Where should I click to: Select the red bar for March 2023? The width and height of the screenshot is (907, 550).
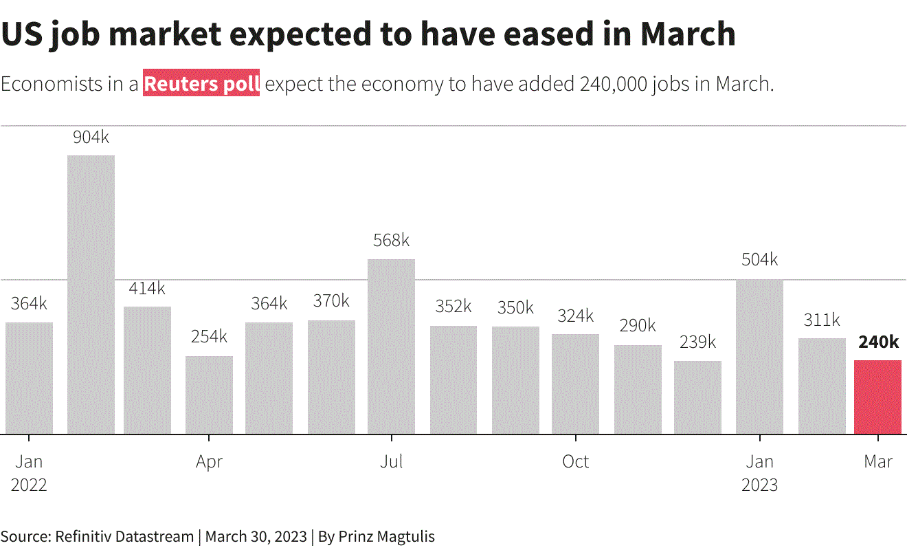[877, 397]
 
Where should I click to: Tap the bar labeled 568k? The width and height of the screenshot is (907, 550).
[391, 346]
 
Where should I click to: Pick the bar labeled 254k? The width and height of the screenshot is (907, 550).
[209, 395]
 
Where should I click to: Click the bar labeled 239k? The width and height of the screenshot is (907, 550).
[697, 397]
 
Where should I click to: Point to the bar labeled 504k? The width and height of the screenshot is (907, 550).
[759, 357]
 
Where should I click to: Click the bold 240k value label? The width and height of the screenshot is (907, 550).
[878, 342]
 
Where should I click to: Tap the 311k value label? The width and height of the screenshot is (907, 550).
[822, 320]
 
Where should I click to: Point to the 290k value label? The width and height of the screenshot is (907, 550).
[638, 326]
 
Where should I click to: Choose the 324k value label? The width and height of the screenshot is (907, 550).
[575, 316]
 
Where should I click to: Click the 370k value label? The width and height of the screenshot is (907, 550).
[331, 301]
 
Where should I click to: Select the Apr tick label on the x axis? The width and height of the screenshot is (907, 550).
[209, 461]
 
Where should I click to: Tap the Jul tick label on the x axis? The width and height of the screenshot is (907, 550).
[392, 461]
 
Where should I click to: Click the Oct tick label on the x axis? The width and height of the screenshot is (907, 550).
[576, 461]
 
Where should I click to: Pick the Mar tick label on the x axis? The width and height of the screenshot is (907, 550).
[878, 461]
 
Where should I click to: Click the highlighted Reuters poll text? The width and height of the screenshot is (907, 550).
[201, 84]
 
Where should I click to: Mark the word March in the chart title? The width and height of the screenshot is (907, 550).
[688, 33]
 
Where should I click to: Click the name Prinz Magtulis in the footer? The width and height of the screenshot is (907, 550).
[386, 536]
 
